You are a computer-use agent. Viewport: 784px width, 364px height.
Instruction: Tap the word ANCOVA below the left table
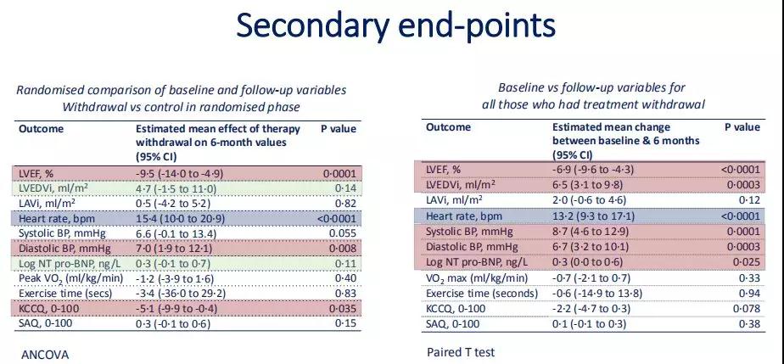click(45, 355)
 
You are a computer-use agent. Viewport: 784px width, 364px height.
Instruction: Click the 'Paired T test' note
click(461, 352)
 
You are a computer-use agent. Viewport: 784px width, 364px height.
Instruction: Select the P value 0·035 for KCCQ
click(343, 309)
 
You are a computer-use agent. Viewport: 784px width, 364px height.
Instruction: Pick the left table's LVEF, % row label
click(36, 174)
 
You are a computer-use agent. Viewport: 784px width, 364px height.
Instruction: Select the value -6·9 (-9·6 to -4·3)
click(593, 170)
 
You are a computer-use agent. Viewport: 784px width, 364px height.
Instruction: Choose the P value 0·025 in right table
click(747, 262)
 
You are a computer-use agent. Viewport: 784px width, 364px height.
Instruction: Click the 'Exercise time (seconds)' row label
click(482, 294)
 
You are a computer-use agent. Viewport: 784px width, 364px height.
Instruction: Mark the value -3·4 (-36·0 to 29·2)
click(181, 294)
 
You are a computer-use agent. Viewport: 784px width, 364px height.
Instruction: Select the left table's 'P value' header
click(339, 128)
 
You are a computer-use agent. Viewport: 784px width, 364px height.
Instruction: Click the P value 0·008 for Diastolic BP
click(343, 249)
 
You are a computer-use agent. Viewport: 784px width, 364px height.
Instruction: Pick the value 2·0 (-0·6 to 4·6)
click(589, 200)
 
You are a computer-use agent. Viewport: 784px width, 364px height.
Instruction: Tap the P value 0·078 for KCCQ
click(747, 309)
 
